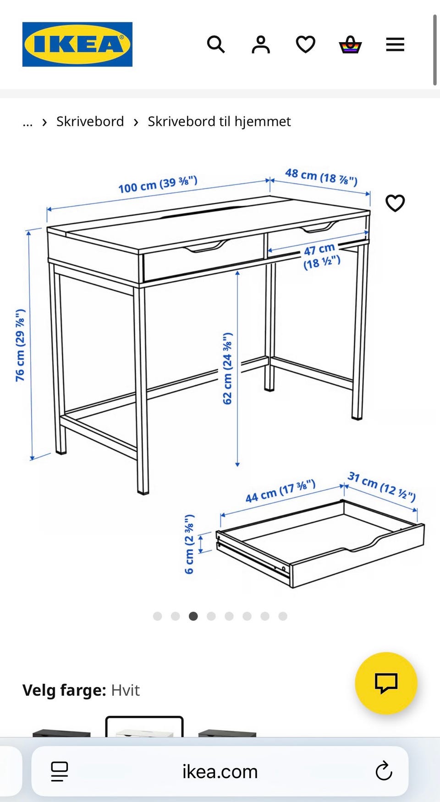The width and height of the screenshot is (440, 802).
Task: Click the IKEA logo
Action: (77, 44)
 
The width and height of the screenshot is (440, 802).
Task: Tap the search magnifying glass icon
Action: (216, 44)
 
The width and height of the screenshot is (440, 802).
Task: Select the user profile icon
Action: (261, 44)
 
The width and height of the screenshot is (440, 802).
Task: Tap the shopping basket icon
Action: (350, 45)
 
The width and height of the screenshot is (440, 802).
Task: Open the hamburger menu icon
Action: (395, 45)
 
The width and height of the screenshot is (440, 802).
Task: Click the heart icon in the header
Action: (305, 45)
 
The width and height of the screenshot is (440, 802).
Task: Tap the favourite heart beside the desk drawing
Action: (395, 203)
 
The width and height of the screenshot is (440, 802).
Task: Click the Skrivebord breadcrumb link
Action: (90, 121)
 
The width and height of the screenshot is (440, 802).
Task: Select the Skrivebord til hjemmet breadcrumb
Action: (219, 121)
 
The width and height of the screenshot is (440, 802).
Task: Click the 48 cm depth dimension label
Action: (321, 176)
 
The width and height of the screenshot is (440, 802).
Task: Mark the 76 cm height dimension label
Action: (20, 345)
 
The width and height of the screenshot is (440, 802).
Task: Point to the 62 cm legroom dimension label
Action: (227, 369)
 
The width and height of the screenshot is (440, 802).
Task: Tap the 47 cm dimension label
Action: (321, 256)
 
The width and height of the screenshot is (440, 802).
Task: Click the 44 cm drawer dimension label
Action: (280, 491)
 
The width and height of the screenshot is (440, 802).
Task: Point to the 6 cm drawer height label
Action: (189, 544)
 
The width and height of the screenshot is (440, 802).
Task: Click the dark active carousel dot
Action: (193, 616)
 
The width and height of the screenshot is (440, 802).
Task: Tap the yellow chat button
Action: (386, 683)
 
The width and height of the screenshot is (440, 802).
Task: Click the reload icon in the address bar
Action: (384, 771)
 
